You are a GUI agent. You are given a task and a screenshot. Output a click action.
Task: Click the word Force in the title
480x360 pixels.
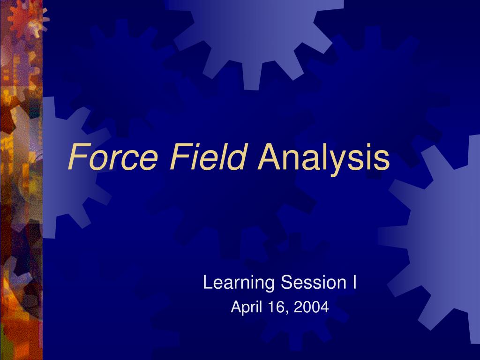[x=113, y=157]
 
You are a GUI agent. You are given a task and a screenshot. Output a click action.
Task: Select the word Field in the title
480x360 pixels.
[x=208, y=156]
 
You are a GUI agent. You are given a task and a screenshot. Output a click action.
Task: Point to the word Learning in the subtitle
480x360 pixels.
[x=239, y=283]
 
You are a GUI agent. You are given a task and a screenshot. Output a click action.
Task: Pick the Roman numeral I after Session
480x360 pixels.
[x=354, y=282]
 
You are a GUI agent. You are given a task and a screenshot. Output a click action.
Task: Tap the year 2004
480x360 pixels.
[x=311, y=307]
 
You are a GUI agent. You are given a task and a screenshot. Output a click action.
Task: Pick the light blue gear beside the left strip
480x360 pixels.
[x=70, y=168]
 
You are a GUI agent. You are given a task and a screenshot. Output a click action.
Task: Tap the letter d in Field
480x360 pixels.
[x=238, y=157]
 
